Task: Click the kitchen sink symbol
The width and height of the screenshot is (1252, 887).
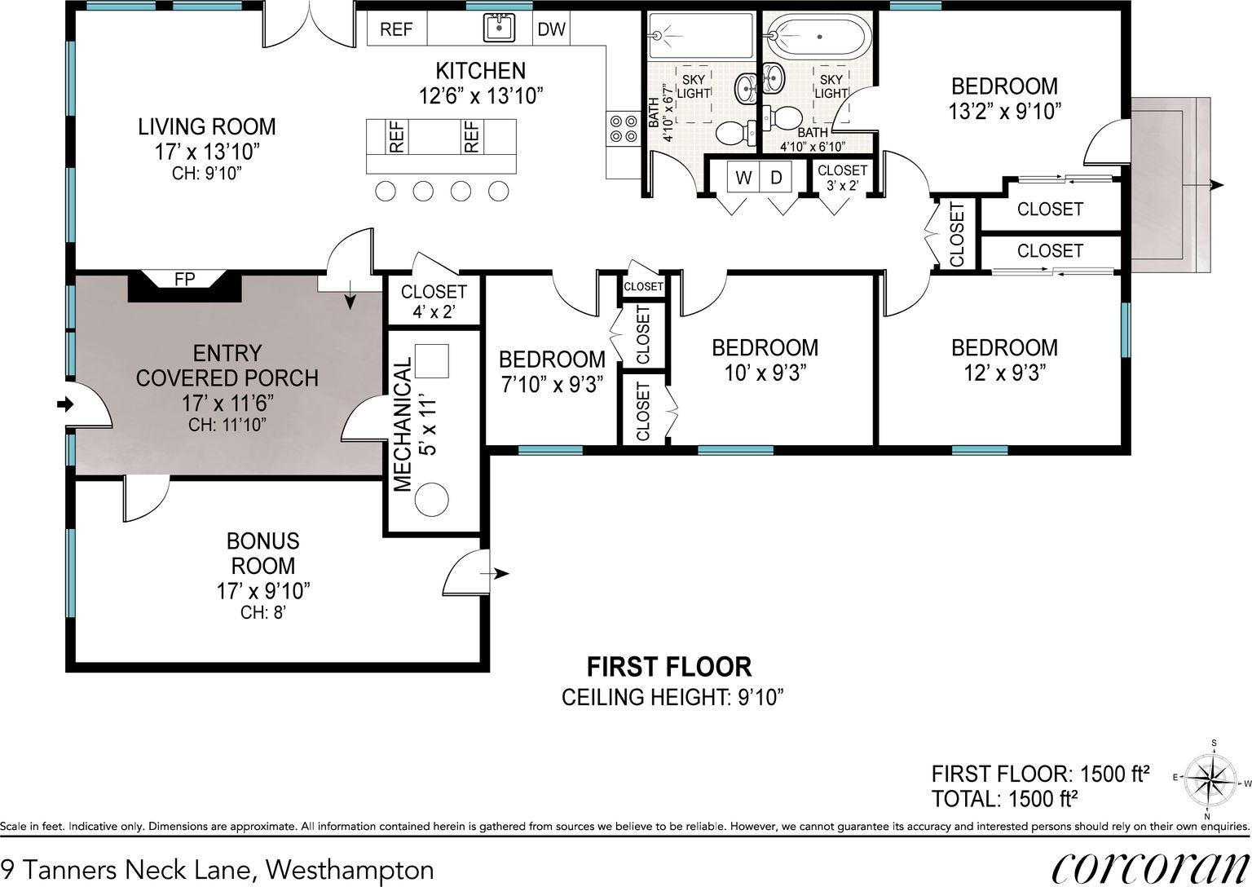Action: click(499, 28)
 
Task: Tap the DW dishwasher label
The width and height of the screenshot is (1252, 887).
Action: click(551, 29)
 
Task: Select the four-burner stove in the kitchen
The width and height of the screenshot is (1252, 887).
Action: click(624, 128)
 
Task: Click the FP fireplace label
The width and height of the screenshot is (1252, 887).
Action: click(184, 280)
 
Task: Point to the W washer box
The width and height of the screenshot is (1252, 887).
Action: click(743, 178)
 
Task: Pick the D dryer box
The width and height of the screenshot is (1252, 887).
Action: click(776, 178)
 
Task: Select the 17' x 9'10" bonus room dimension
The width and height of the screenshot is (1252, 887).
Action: click(262, 591)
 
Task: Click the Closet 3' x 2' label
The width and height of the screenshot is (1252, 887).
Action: click(842, 177)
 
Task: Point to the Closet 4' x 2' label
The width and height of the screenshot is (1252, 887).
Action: click(434, 301)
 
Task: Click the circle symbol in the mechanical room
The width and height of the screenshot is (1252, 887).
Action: click(431, 500)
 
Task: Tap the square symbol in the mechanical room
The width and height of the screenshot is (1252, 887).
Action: click(431, 361)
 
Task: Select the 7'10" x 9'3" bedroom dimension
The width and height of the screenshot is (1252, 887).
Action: click(552, 385)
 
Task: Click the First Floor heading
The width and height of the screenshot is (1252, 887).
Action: click(669, 667)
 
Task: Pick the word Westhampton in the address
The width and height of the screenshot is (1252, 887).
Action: click(350, 870)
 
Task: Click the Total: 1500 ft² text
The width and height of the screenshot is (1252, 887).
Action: click(1004, 799)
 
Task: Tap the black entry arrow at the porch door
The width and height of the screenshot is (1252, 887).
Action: click(65, 404)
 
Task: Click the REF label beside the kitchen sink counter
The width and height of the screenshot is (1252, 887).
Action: click(396, 29)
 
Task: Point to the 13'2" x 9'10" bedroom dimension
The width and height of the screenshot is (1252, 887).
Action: click(1004, 111)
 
